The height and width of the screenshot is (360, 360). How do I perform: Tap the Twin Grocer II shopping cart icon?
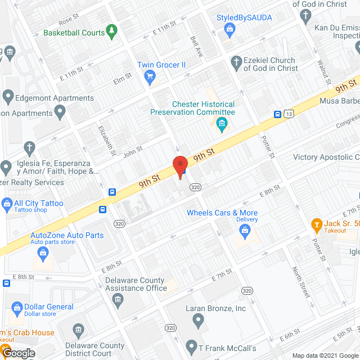tap(150, 75)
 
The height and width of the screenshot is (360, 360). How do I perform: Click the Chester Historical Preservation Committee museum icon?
tap(222, 124)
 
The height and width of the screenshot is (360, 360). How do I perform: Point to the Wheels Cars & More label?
tap(222, 213)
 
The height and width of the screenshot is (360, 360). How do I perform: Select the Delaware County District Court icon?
tap(78, 328)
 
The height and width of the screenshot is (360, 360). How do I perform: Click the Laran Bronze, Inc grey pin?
tap(198, 320)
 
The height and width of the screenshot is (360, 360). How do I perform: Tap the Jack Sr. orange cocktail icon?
tap(317, 225)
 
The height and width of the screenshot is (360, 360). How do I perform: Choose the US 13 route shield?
tap(288, 114)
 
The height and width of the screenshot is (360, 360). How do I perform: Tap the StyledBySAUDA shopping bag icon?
tap(228, 28)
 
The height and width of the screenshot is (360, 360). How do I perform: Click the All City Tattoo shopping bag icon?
tap(7, 203)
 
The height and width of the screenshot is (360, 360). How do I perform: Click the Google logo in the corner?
tap(18, 353)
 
